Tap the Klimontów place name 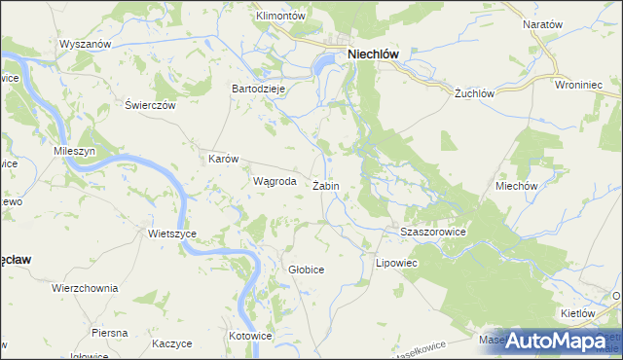(x=280, y=17)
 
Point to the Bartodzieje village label (x=257, y=88)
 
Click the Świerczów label (x=150, y=105)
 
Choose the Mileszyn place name (x=74, y=153)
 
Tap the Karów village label (x=224, y=158)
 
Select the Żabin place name (x=326, y=185)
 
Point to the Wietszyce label (x=172, y=234)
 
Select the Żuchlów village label (x=476, y=94)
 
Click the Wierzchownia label (x=85, y=288)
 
